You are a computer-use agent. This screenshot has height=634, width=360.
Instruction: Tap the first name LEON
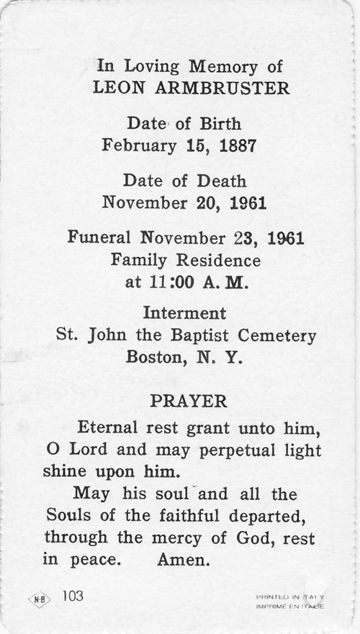point(117,89)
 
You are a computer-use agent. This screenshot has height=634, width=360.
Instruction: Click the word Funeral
point(99,237)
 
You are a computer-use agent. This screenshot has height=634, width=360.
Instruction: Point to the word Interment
point(184,314)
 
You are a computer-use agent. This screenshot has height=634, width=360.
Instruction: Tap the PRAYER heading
point(189,402)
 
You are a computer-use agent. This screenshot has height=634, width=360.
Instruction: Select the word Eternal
point(109,427)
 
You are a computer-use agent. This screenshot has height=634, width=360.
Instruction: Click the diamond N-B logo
point(39,599)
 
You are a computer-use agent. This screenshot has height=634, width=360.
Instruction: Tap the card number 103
point(73,597)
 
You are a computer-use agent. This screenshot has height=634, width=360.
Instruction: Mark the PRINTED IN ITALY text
point(290,597)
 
